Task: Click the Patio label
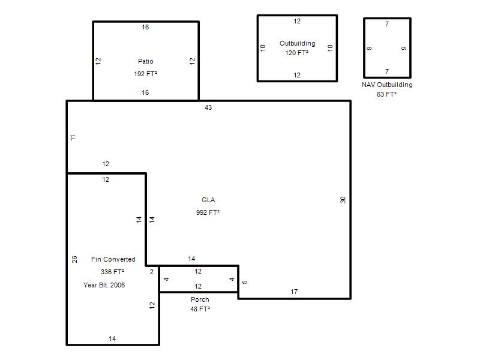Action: click(x=145, y=61)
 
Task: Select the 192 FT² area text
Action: click(x=145, y=74)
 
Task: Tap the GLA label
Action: click(x=208, y=200)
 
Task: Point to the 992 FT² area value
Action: click(x=208, y=212)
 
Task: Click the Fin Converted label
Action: click(x=113, y=259)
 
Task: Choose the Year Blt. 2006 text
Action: click(x=104, y=285)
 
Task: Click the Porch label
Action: click(x=200, y=299)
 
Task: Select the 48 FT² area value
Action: click(x=200, y=309)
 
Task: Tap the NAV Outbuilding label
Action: click(x=387, y=85)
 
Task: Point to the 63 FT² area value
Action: click(x=386, y=94)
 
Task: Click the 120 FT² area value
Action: click(x=296, y=53)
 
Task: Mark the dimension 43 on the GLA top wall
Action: click(x=208, y=107)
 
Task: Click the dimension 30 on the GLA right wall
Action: click(x=343, y=200)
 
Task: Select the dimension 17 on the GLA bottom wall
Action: click(x=294, y=292)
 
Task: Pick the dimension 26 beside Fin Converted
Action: click(x=74, y=259)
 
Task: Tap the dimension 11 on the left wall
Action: click(x=73, y=137)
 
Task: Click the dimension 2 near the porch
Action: click(x=152, y=272)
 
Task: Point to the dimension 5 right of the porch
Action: click(x=244, y=282)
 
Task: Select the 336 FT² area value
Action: click(x=112, y=272)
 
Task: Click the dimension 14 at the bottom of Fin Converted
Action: click(x=112, y=338)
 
